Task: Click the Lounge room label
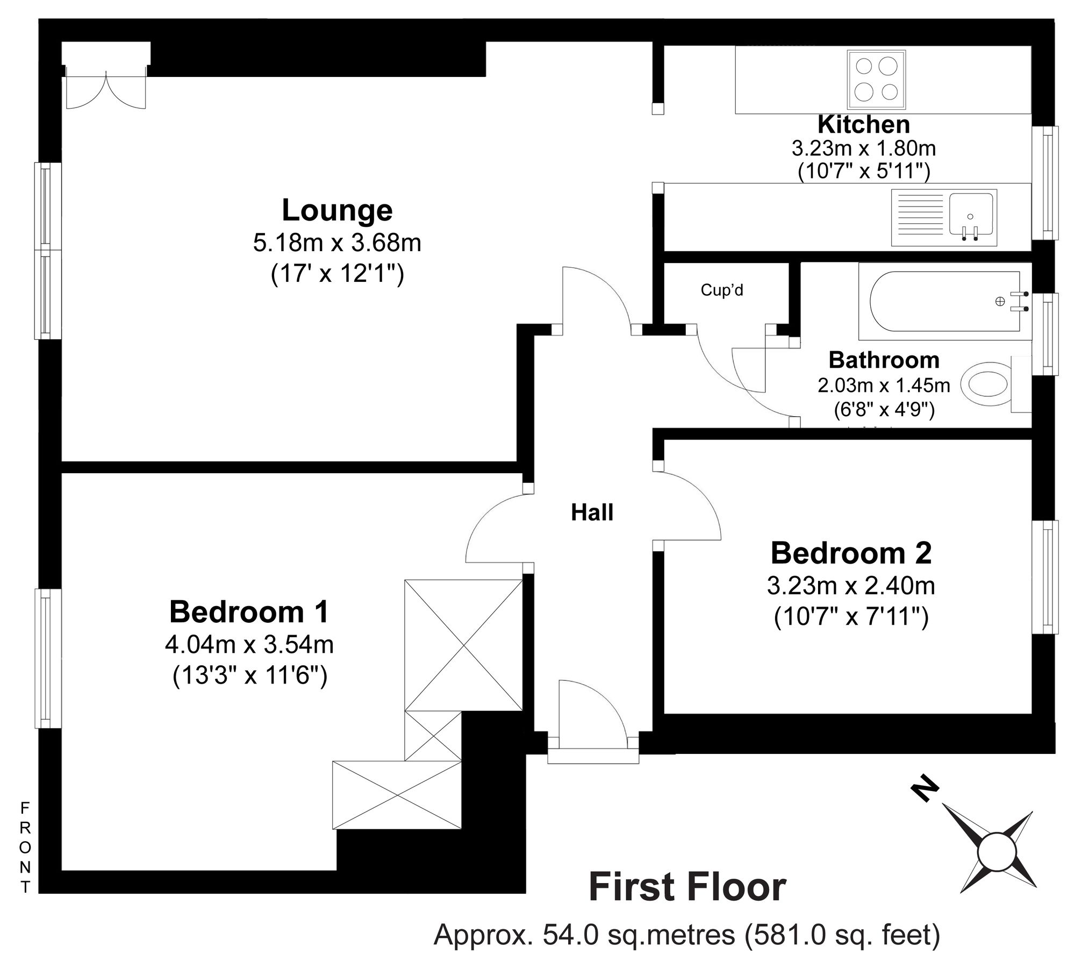337,210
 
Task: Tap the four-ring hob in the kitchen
876,79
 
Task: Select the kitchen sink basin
971,215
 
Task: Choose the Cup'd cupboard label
722,290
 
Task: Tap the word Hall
592,513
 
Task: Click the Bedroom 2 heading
851,553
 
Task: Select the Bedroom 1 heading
249,612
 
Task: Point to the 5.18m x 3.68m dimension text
337,243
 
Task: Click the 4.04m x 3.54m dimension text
249,644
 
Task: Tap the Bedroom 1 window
48,658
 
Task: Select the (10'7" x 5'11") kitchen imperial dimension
864,171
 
